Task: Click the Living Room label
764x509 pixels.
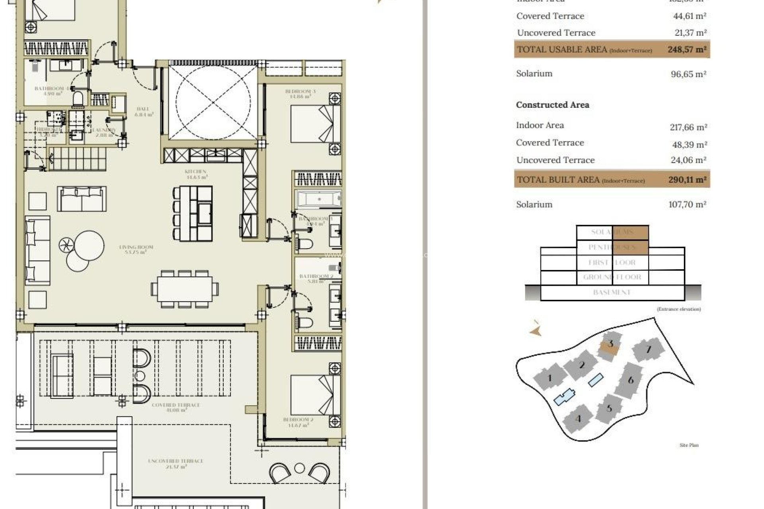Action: click(136, 249)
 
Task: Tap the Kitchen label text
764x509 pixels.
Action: click(195, 174)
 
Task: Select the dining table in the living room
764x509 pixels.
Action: click(185, 289)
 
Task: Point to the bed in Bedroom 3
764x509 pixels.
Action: click(315, 124)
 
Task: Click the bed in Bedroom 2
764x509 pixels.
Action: click(315, 395)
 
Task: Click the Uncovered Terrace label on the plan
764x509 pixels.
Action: click(175, 463)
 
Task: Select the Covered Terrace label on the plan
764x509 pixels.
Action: click(175, 407)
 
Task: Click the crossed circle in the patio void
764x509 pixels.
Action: click(213, 103)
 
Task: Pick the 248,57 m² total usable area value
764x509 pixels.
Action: click(687, 49)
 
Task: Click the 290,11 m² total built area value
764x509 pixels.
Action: click(687, 179)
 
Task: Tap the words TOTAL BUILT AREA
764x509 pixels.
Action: click(558, 179)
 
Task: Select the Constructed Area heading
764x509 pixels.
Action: click(552, 105)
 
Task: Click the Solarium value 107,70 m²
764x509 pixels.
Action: click(687, 204)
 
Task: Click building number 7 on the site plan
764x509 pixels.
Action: click(648, 350)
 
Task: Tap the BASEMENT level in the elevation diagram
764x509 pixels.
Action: click(612, 292)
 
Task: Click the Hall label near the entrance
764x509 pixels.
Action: click(143, 111)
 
